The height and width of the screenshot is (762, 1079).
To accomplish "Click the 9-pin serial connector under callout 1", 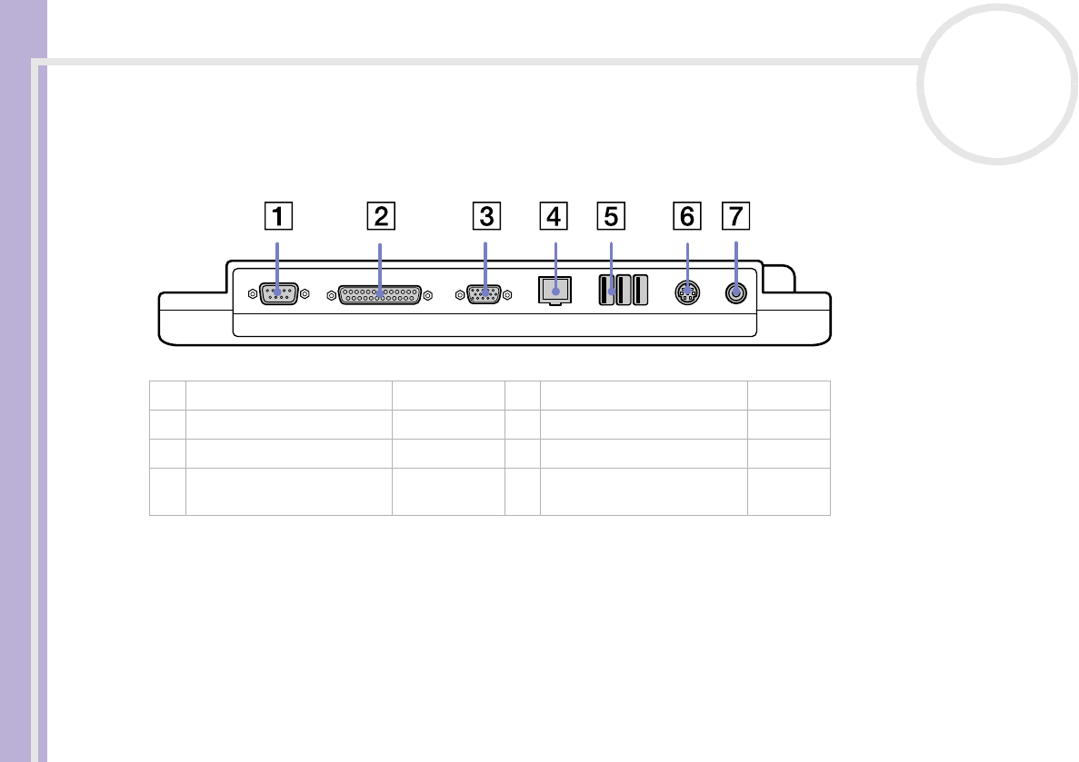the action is [x=277, y=293].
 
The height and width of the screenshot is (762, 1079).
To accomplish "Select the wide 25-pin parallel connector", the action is [x=380, y=294].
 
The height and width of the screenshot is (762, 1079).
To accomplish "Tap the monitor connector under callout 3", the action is [x=485, y=293].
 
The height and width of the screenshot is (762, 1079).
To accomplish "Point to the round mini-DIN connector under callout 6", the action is [x=687, y=292].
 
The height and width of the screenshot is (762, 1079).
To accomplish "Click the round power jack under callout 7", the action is [x=736, y=292].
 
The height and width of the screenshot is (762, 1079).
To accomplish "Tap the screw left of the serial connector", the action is [x=251, y=293].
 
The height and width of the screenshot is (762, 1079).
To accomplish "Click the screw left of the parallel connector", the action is [x=330, y=293].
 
